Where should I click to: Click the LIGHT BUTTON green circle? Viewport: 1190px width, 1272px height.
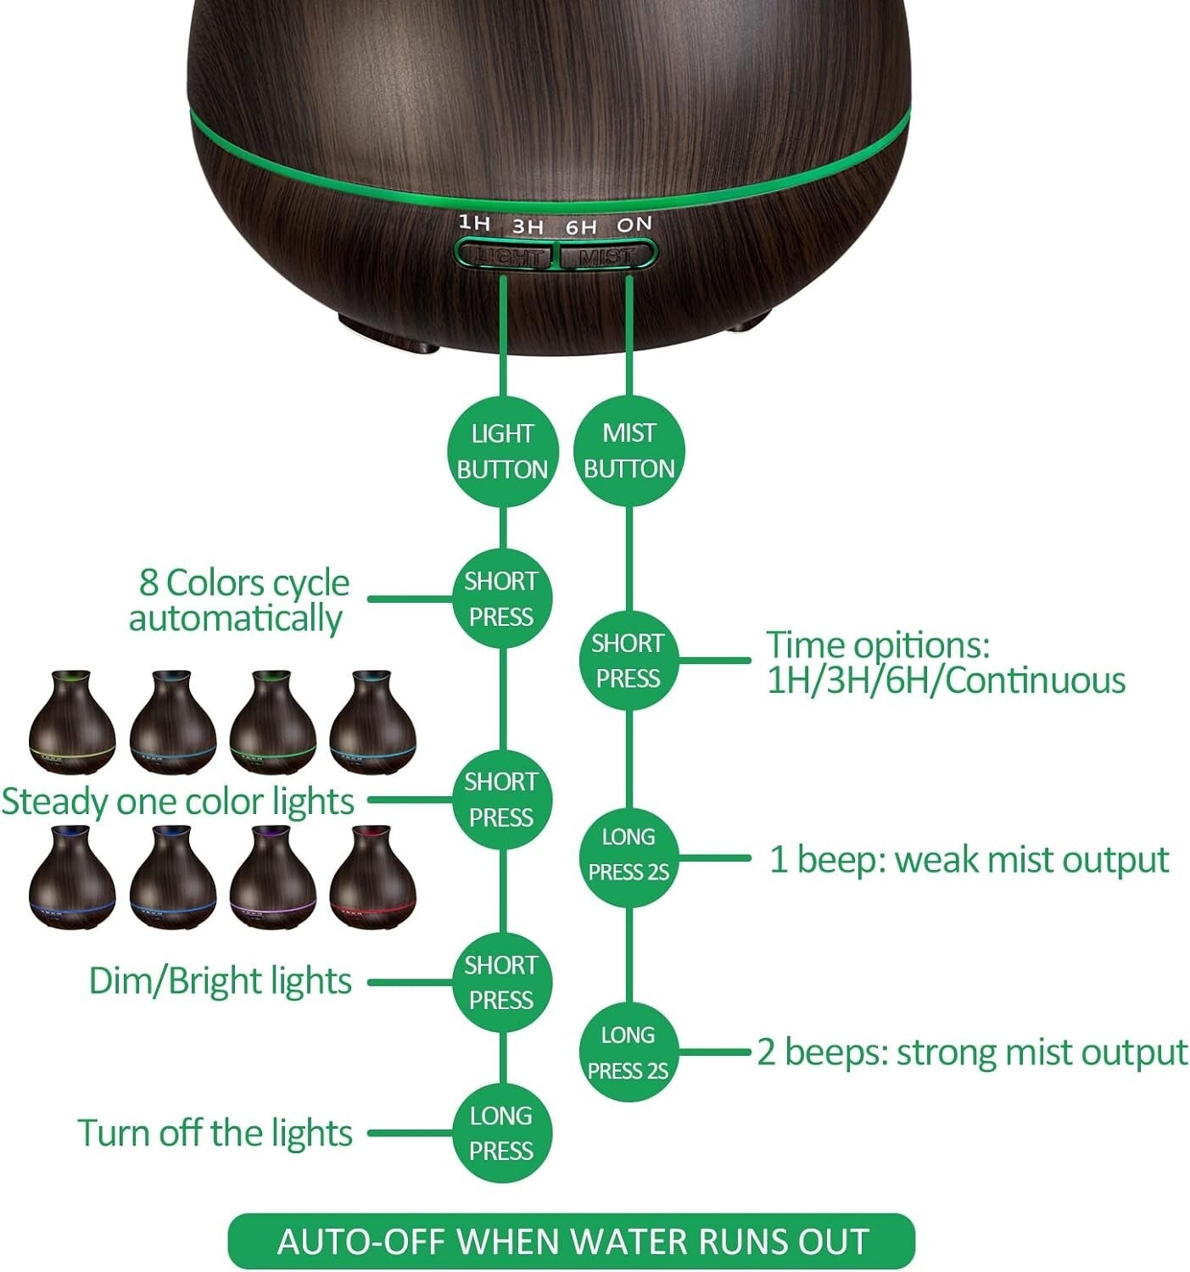[x=502, y=451]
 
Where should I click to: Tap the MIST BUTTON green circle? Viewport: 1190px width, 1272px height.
[x=629, y=451]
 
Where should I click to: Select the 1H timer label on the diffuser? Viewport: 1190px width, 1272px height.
[x=474, y=223]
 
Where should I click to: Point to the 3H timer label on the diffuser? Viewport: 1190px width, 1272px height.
[x=528, y=226]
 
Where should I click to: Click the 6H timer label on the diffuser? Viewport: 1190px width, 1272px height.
[x=581, y=227]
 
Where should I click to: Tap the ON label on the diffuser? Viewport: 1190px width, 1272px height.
[x=634, y=225]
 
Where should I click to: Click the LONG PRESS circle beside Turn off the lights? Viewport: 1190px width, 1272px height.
[x=501, y=1133]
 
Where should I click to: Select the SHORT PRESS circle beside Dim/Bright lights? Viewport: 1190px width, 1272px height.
[x=501, y=982]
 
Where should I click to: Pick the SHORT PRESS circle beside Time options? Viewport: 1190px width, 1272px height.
[x=628, y=661]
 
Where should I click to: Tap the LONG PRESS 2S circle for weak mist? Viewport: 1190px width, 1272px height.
[x=629, y=855]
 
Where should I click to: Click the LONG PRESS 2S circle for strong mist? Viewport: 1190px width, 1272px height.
[x=629, y=1052]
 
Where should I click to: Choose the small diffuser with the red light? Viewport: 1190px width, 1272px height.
[x=372, y=878]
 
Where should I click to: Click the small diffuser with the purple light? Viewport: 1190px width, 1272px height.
[x=272, y=878]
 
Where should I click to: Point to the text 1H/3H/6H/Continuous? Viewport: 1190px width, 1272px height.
[x=946, y=681]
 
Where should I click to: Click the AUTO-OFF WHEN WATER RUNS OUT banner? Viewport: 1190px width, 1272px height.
[x=573, y=1241]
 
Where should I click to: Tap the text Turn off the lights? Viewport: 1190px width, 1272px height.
[x=215, y=1133]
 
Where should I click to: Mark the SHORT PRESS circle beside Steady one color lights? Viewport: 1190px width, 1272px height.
[x=501, y=800]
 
